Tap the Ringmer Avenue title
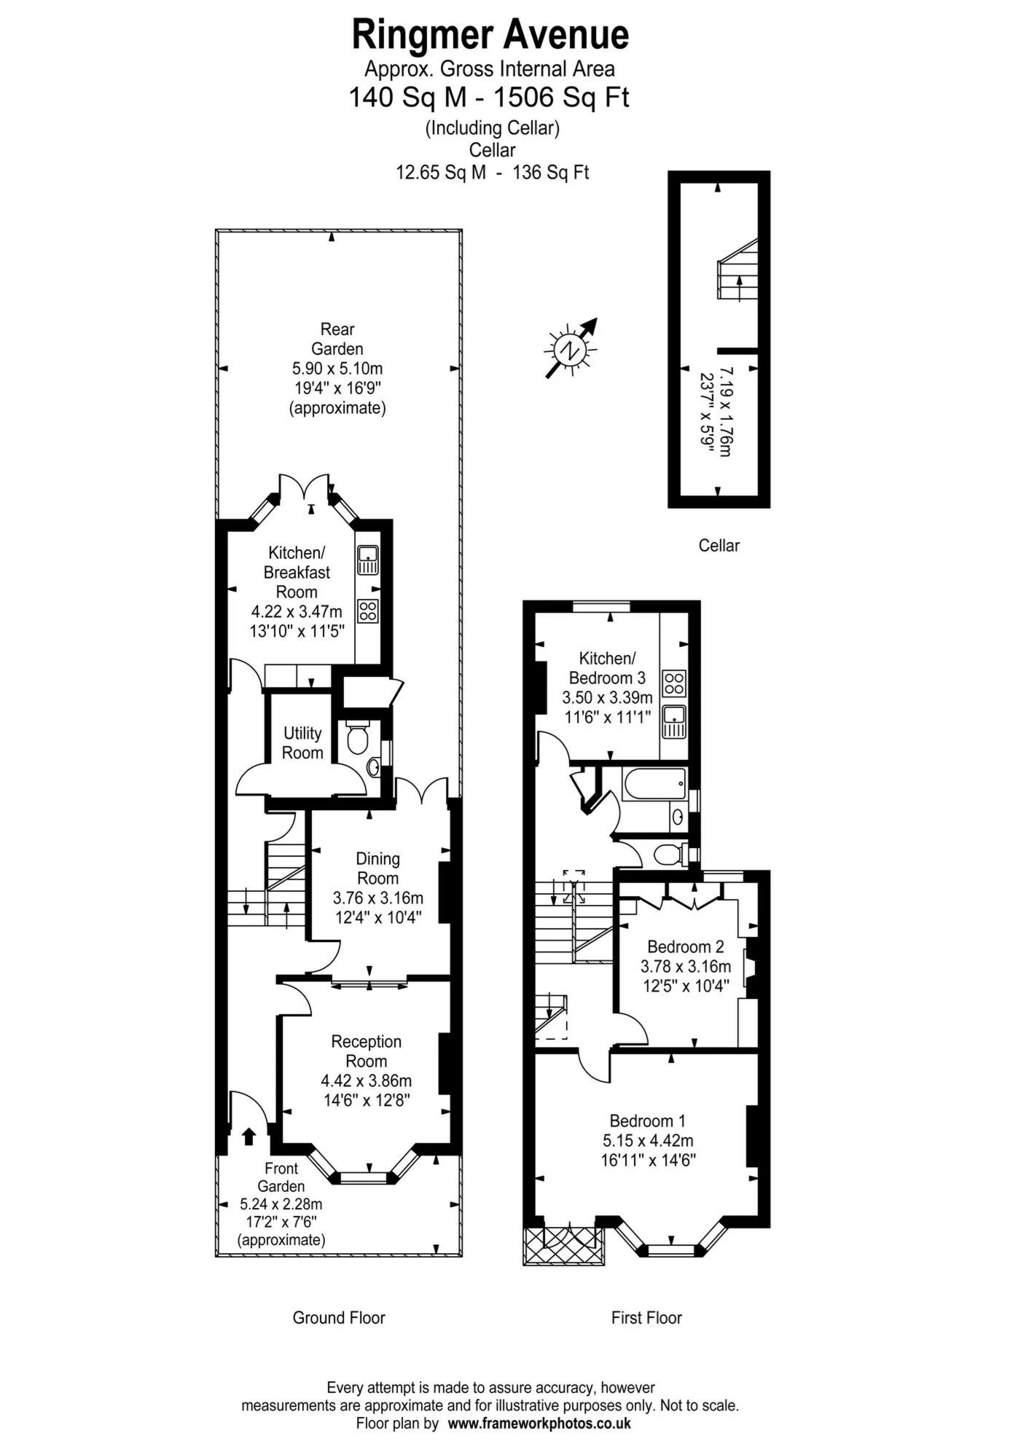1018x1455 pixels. click(x=490, y=34)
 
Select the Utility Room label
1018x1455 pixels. click(x=302, y=742)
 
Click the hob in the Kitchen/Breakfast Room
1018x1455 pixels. click(x=368, y=610)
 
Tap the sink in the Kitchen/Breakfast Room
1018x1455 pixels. click(x=367, y=560)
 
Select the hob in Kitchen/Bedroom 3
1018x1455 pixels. click(x=674, y=683)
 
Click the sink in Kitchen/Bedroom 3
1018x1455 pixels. click(x=674, y=721)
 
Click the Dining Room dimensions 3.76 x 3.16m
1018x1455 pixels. click(x=377, y=898)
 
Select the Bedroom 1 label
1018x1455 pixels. click(x=648, y=1121)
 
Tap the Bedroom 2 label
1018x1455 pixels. click(x=686, y=946)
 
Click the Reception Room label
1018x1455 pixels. click(x=367, y=1051)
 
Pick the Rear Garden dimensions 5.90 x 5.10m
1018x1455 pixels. click(x=337, y=368)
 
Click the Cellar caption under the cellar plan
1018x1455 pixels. click(x=719, y=545)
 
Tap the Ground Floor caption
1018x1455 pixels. click(x=339, y=1317)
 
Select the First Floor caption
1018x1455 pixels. click(x=646, y=1317)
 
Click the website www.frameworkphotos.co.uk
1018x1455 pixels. click(x=539, y=1422)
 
